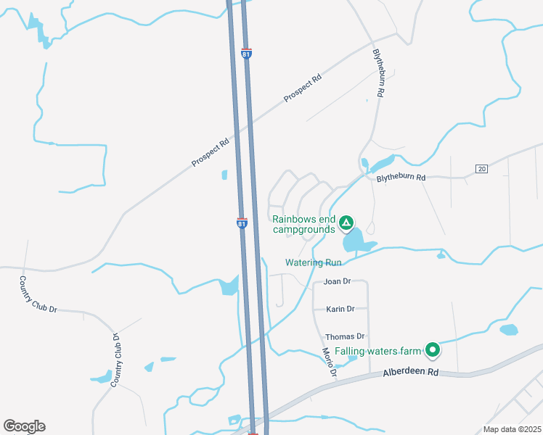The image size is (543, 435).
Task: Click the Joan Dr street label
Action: coord(337,281)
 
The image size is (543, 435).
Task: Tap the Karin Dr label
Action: coord(340,309)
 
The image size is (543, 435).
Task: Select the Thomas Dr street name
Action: coord(344,336)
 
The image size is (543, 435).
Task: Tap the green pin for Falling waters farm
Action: coord(433,351)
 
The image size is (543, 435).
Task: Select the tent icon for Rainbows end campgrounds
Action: coord(346,223)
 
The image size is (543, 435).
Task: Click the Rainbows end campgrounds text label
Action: coord(304,224)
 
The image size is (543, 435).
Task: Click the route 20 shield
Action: coord(481,169)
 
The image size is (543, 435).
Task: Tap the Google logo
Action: coord(24,426)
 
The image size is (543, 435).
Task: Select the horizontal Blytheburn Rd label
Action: coord(400,178)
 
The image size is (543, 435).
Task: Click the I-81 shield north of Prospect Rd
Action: coord(247,54)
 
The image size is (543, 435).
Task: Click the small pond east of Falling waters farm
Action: coord(509,330)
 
